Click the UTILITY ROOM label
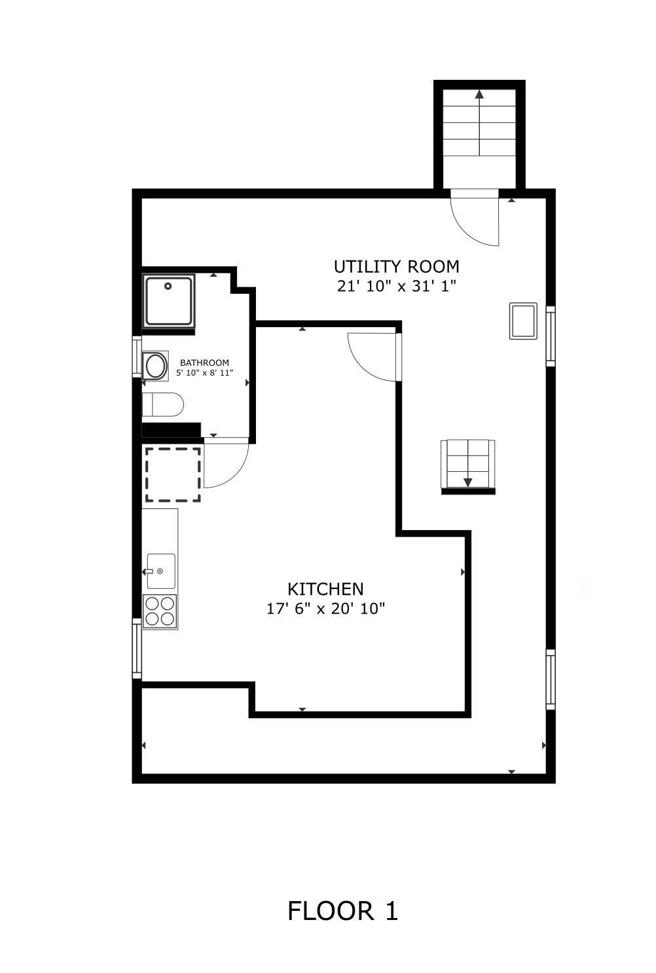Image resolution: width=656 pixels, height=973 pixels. click(396, 266)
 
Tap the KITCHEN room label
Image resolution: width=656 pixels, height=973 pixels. click(325, 589)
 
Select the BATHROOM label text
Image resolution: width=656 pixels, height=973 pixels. click(204, 363)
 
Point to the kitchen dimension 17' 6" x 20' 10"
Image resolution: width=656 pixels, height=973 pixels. click(325, 609)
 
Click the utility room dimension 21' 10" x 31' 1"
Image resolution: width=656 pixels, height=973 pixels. click(396, 286)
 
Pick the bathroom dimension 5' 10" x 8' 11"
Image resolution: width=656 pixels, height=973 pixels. click(204, 373)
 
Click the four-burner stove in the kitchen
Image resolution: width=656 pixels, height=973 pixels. click(160, 611)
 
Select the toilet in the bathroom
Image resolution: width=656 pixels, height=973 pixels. click(163, 404)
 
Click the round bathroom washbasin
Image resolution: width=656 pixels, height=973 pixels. click(155, 366)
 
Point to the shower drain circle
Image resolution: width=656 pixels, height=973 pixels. click(168, 286)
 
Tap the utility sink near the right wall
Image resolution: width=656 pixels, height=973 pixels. click(523, 321)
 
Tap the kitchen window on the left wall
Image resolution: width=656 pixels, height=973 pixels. click(137, 648)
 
